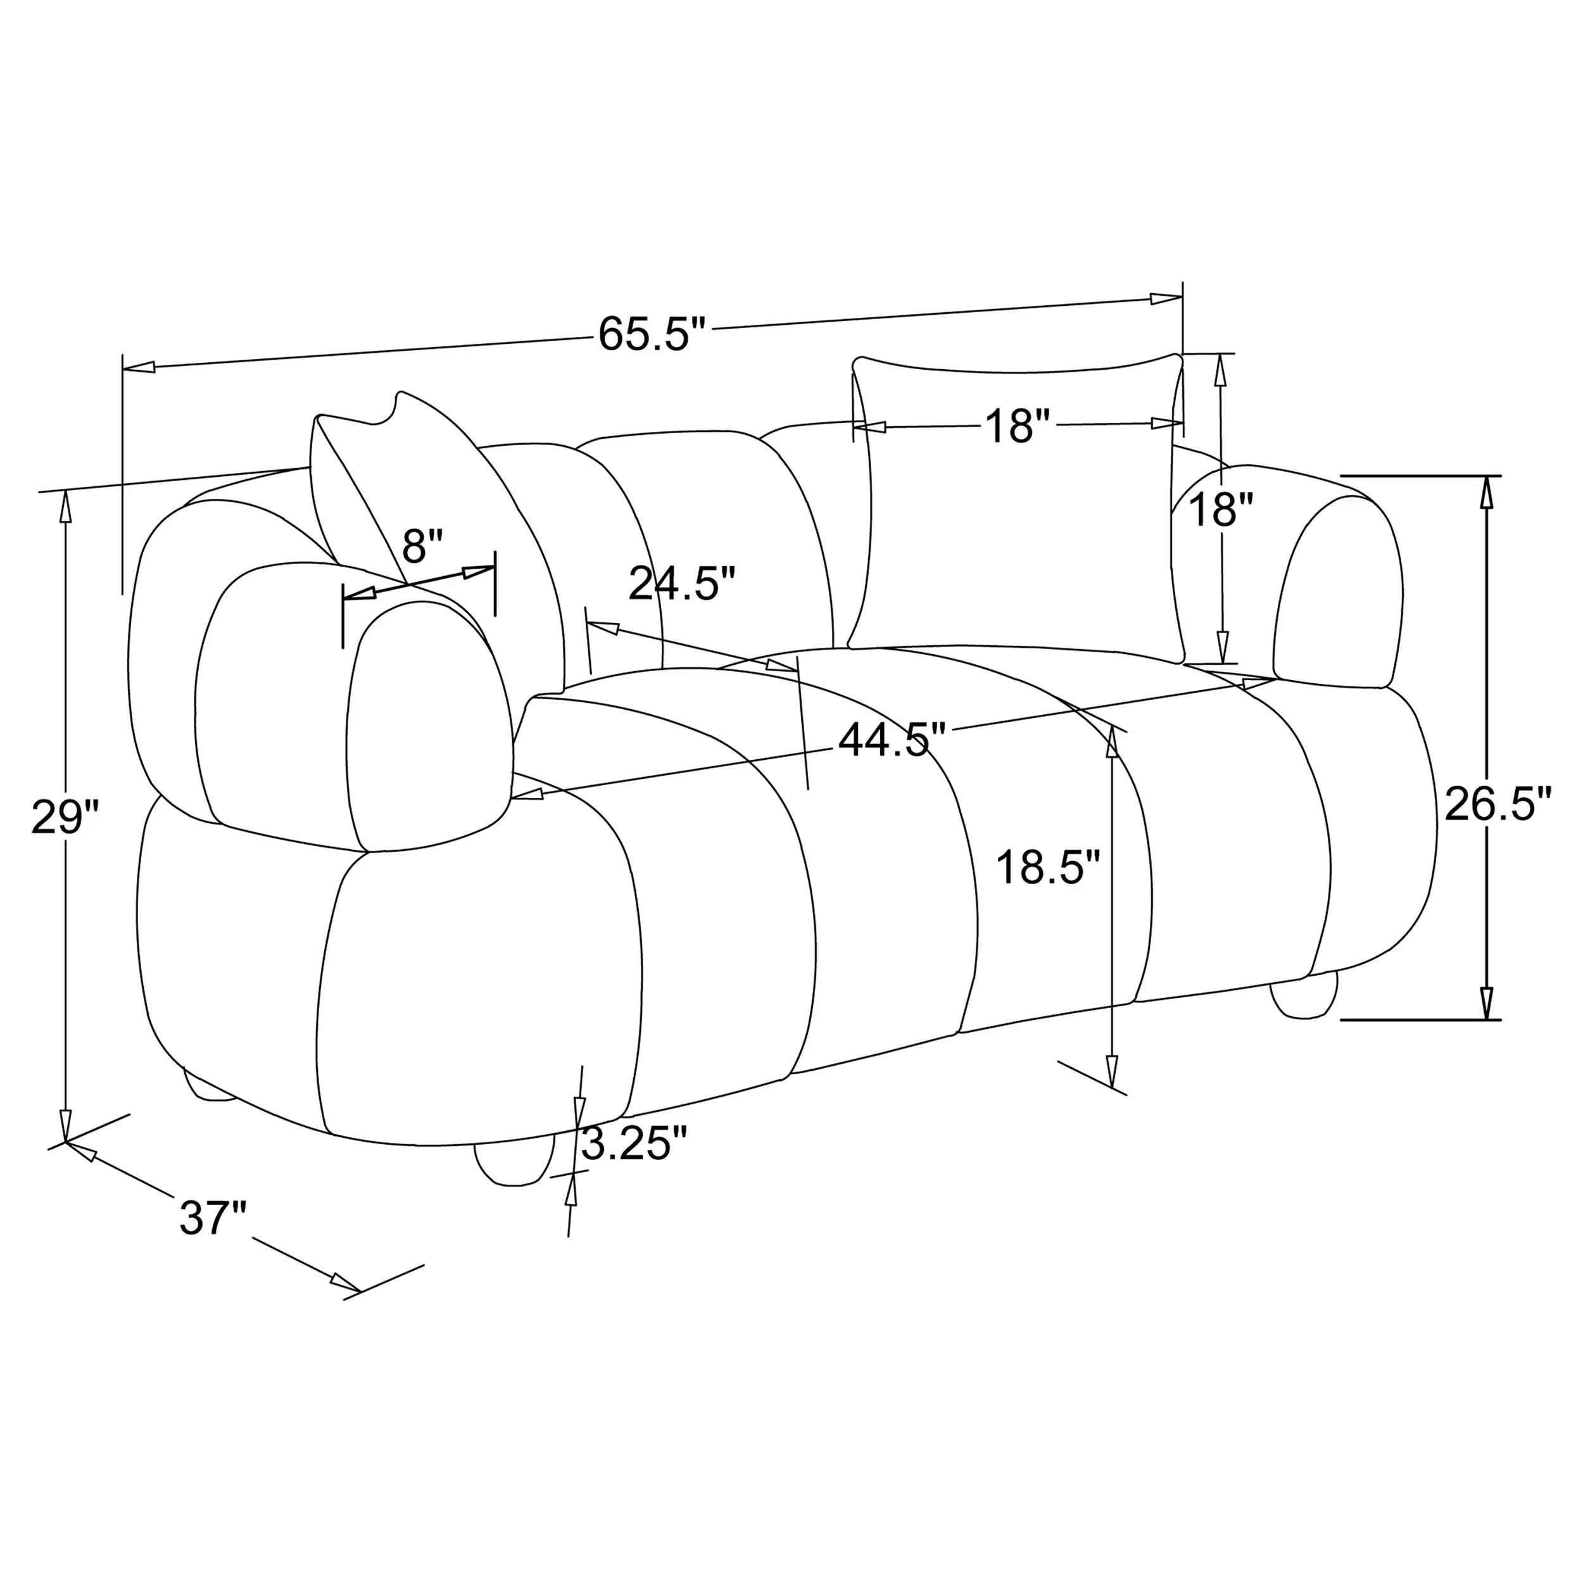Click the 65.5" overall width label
(x=652, y=334)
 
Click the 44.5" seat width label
(x=892, y=740)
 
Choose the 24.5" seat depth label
(x=683, y=584)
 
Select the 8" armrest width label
(x=423, y=546)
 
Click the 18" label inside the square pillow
(x=1017, y=426)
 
